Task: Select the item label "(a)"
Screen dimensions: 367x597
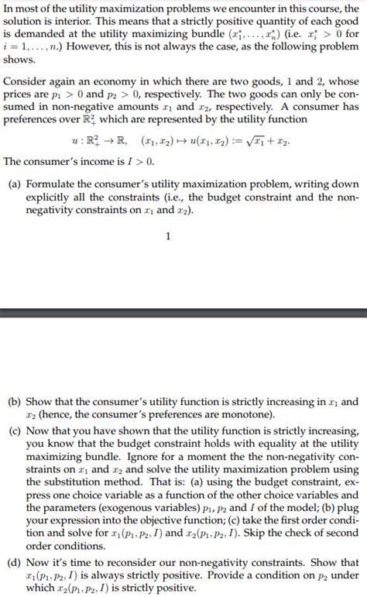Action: pos(14,184)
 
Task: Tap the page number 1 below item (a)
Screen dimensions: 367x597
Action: pos(168,237)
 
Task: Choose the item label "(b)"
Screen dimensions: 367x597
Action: pos(14,403)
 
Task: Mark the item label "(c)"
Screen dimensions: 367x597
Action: pos(14,431)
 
